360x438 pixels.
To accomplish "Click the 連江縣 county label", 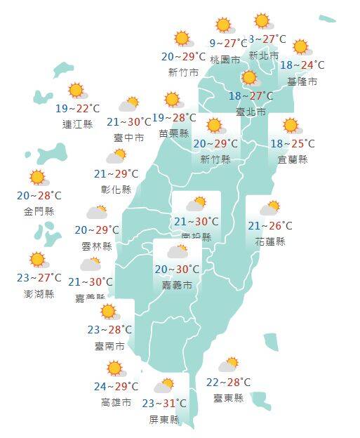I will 77,124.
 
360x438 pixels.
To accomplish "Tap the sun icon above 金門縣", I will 37,177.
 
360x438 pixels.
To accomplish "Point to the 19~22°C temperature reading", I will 77,109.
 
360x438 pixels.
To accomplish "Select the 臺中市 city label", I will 129,138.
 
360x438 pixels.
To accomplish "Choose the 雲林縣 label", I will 97,246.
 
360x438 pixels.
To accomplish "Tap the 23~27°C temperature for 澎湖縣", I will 39,278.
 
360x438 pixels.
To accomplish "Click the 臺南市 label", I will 110,345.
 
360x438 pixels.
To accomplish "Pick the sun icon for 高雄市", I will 114,369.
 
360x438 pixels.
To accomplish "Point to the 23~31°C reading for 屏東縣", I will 164,404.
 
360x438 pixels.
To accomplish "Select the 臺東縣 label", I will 229,398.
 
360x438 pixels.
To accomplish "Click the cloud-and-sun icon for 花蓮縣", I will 269,208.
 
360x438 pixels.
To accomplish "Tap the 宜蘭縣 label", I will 293,159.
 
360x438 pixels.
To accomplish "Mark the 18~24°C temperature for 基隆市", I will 302,65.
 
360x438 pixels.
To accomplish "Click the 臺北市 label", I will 251,112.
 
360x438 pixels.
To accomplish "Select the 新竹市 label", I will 183,72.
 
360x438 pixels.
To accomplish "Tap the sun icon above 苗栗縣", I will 173,100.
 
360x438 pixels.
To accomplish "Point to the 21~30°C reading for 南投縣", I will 196,223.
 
